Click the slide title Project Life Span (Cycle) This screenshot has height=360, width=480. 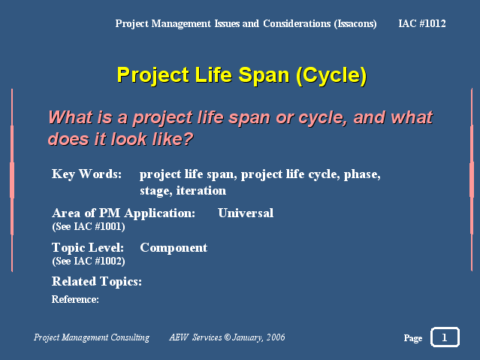[242, 74]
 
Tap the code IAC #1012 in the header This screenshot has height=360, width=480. [422, 23]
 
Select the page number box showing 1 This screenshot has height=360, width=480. [445, 337]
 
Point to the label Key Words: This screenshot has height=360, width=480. [86, 174]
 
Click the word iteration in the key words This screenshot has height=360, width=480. [201, 191]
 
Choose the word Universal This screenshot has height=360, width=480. [246, 213]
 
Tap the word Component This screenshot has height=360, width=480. [174, 248]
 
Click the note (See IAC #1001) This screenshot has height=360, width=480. [89, 227]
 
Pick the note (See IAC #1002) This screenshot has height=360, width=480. [89, 261]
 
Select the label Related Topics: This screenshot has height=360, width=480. [97, 282]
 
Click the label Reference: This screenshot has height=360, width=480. [75, 299]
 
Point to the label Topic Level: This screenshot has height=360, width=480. [88, 247]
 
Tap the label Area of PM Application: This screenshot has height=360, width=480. [123, 213]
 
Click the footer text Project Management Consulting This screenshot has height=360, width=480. [92, 337]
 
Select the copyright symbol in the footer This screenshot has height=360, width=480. [227, 337]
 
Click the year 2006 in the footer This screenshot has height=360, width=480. [276, 337]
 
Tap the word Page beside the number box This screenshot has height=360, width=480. [413, 338]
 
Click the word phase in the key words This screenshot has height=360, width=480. [362, 174]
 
